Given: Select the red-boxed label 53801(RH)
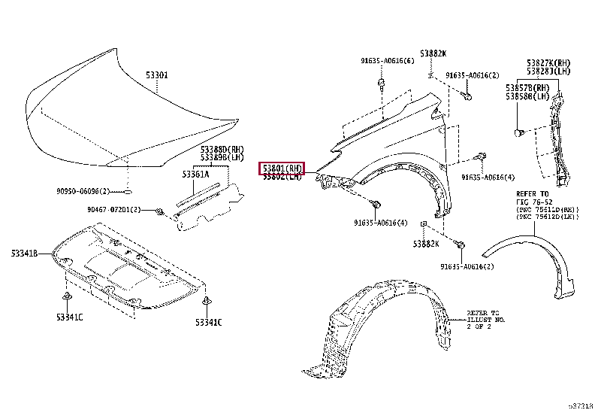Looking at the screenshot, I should (282, 168).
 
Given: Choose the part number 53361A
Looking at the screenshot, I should (195, 174).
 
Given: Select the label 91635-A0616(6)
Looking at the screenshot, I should (385, 60).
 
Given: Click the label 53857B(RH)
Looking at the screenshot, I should (527, 88).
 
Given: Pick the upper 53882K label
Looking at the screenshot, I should (433, 53).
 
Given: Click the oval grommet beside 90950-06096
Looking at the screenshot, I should (128, 190).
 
